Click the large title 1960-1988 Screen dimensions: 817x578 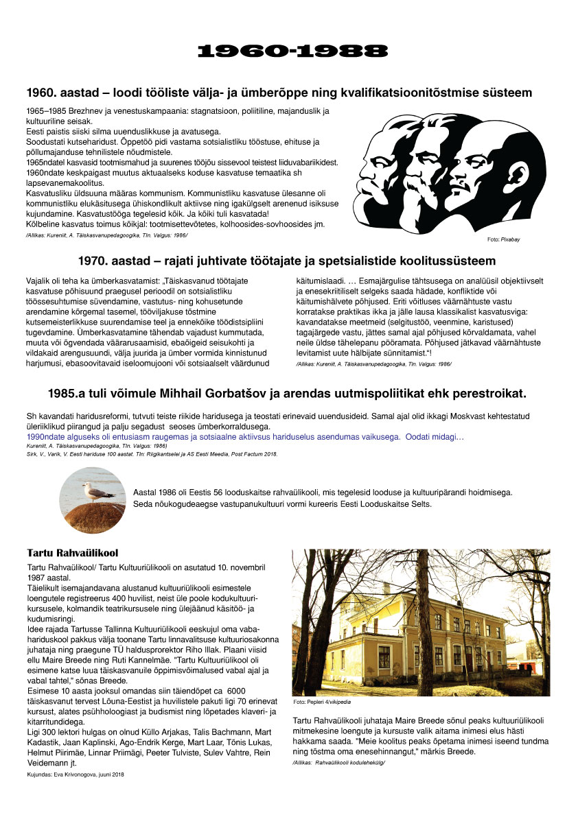tap(292, 51)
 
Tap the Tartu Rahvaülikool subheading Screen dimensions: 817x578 tap(72, 553)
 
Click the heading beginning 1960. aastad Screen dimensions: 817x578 tap(279, 93)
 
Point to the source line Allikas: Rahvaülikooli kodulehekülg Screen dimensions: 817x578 tap(338, 762)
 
